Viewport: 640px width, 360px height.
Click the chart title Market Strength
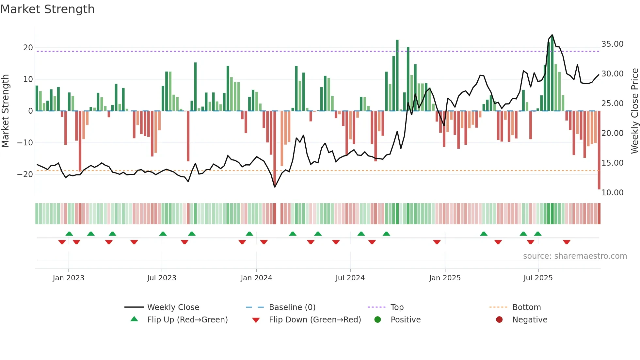(x=48, y=9)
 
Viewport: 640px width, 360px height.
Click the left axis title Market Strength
(x=6, y=111)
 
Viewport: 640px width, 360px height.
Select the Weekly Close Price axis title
(x=634, y=111)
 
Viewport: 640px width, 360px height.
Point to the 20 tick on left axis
(x=28, y=48)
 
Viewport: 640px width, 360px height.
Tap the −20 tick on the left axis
(x=25, y=174)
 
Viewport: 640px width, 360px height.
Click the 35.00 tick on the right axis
(x=612, y=44)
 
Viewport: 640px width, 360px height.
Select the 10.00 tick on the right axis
(x=612, y=193)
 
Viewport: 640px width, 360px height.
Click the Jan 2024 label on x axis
(x=256, y=278)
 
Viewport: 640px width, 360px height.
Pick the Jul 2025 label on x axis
(x=538, y=278)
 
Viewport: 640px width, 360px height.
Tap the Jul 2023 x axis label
(x=162, y=278)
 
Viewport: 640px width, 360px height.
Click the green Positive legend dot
(x=378, y=320)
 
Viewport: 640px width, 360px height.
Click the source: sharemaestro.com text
(x=575, y=256)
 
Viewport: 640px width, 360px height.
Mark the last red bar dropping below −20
(x=599, y=150)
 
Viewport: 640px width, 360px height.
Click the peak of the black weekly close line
(x=552, y=35)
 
